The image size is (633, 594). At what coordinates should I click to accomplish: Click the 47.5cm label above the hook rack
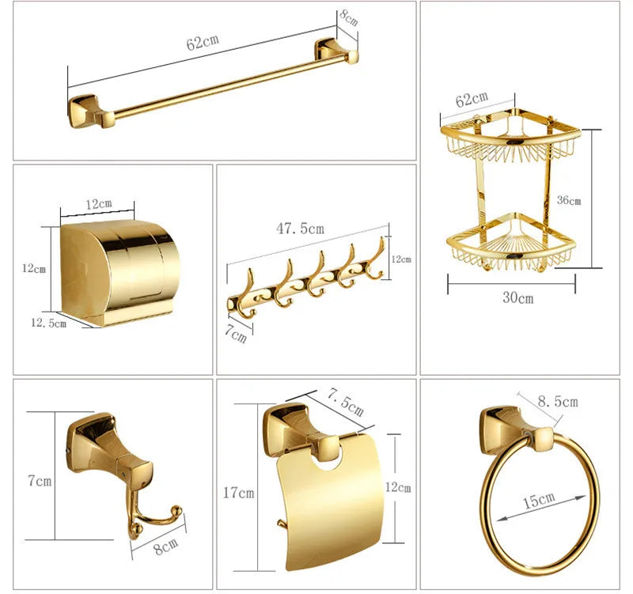point(300,229)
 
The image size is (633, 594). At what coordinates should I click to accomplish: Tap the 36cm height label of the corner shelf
point(568,201)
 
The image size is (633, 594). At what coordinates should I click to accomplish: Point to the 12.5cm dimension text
point(48,323)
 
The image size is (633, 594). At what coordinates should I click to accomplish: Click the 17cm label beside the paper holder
point(238,493)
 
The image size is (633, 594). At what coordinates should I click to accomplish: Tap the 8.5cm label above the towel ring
point(557,401)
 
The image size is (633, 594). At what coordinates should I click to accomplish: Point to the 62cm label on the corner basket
point(472,100)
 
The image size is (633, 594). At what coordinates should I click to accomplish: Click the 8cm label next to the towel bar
point(348,17)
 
